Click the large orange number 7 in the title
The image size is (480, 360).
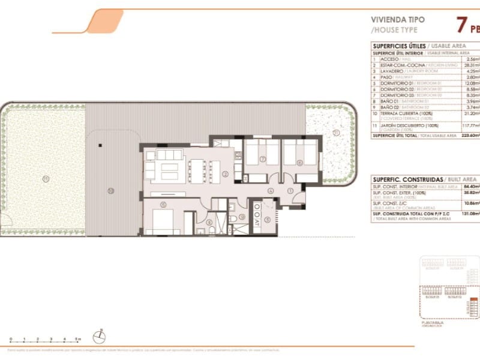pyautogui.click(x=462, y=26)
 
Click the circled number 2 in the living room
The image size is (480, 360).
pyautogui.click(x=225, y=175)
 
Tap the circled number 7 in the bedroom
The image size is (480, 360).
pyautogui.click(x=262, y=159)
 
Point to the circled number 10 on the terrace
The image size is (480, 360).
pyautogui.click(x=110, y=191)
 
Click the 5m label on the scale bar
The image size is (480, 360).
pyautogui.click(x=79, y=339)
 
